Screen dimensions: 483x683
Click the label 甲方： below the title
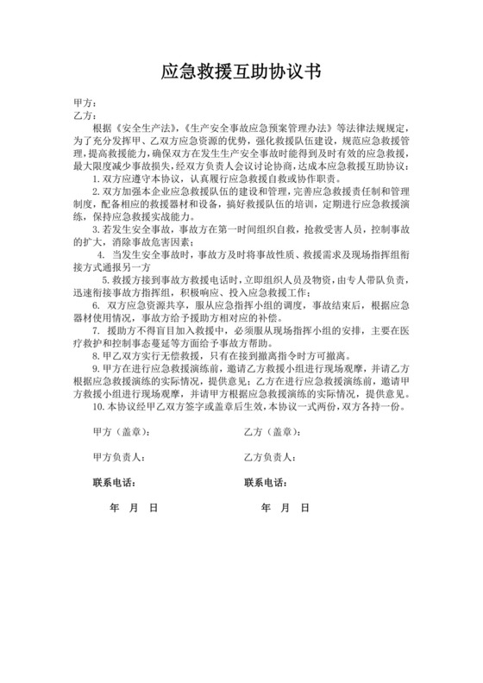point(85,103)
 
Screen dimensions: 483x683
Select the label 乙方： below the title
point(85,115)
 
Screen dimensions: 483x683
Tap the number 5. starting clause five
point(106,280)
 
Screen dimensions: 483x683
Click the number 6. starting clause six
point(97,305)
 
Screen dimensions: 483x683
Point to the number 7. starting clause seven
point(97,330)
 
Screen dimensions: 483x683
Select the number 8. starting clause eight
point(97,354)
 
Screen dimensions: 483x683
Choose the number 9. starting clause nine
point(97,367)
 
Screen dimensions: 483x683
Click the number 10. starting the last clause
point(99,405)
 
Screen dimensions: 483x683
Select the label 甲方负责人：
point(118,457)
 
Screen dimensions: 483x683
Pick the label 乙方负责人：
point(273,457)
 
